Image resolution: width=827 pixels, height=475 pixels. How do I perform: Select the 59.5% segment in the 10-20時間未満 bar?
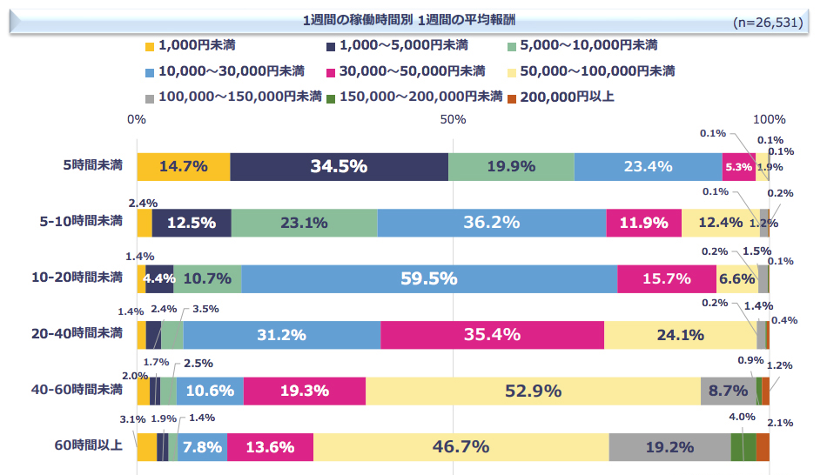(429, 278)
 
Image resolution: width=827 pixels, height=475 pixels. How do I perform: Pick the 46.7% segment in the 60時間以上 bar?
(461, 447)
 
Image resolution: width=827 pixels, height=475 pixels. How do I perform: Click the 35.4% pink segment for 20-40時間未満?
(492, 335)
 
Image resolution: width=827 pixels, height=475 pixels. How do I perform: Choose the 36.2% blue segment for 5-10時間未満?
(491, 223)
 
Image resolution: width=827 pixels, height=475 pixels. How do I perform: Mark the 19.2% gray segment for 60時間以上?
(669, 447)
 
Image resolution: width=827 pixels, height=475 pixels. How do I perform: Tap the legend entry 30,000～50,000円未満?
(405, 70)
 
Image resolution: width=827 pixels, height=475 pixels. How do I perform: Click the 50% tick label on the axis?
(450, 119)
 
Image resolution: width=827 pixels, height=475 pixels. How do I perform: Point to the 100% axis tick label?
(769, 119)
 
